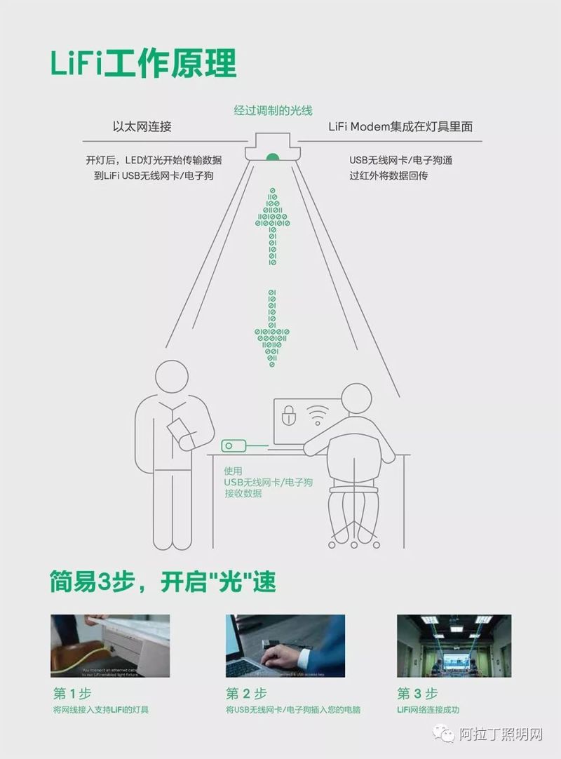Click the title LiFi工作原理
coord(143,63)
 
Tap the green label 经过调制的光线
coord(273,110)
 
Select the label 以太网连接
coord(142,127)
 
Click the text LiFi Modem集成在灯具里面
coord(400,127)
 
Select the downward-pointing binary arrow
coord(272,328)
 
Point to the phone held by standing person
coord(179,428)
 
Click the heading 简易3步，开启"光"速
coord(163,582)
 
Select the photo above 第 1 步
coord(110,645)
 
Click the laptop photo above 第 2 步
coord(285,645)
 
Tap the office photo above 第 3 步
coord(454,645)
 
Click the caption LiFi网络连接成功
coord(428,709)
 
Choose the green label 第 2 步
coord(246,694)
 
